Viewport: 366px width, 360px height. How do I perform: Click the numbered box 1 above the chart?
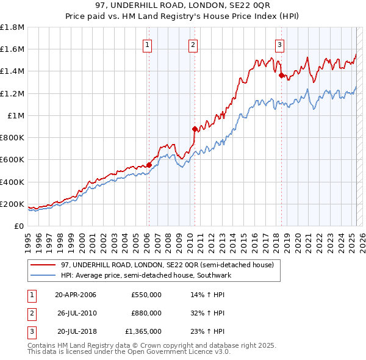tap(148, 44)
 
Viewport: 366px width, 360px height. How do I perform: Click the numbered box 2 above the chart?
tap(193, 44)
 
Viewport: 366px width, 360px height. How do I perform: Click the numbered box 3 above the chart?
tap(279, 44)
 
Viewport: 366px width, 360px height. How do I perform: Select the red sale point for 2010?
tap(195, 129)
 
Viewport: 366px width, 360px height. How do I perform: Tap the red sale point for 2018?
tap(281, 75)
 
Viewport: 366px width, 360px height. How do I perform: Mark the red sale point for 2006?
tap(149, 165)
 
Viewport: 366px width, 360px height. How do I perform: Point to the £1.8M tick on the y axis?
tap(13, 27)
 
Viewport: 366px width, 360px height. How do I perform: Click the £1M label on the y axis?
tap(16, 116)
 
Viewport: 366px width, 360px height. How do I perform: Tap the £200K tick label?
tap(12, 204)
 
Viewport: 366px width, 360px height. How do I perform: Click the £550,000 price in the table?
tap(146, 295)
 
